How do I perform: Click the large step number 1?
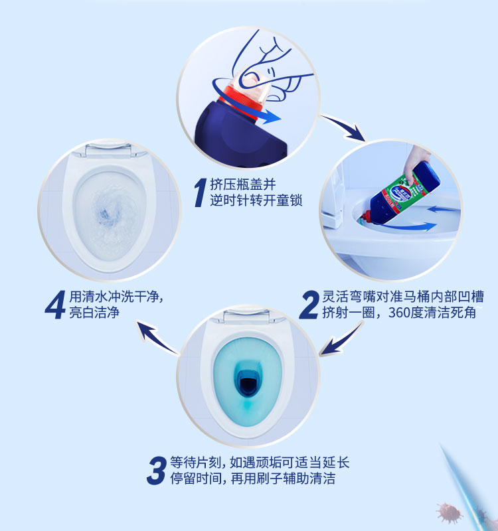pos(201,192)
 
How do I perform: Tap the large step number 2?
pos(309,305)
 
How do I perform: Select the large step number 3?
pos(157,470)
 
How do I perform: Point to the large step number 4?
pos(55,305)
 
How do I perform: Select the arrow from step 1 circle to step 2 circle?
pos(344,127)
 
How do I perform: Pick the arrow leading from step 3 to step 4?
pos(157,337)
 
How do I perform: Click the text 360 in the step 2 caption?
pos(399,312)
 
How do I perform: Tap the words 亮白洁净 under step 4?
pos(94,312)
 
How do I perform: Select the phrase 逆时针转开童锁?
pos(256,200)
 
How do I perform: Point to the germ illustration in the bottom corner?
pos(450,512)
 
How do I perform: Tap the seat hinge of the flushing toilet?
pos(108,150)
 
